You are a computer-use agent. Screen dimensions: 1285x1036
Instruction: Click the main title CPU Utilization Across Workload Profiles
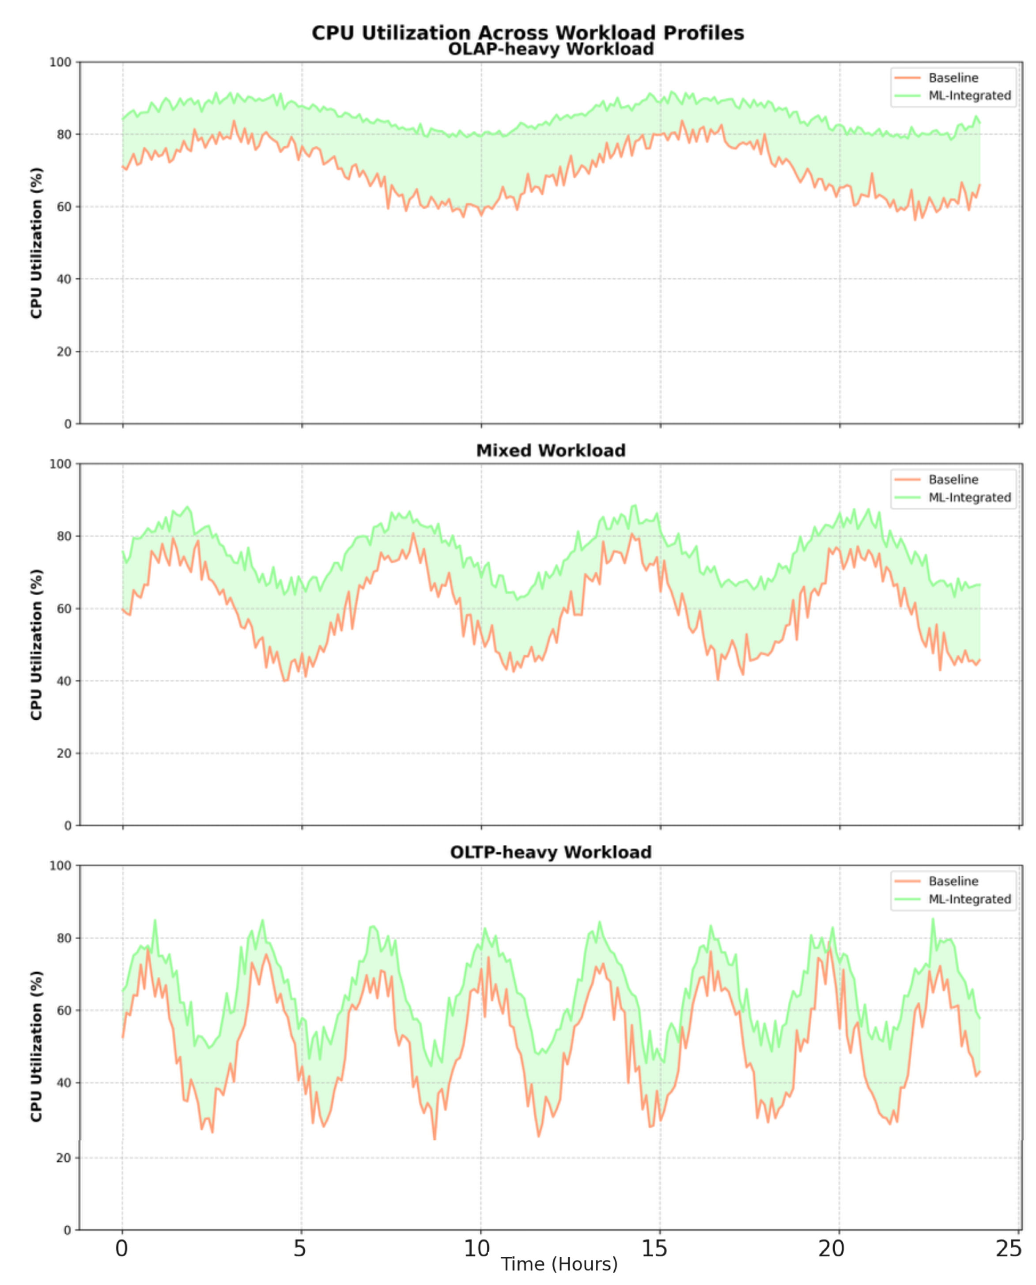pyautogui.click(x=528, y=32)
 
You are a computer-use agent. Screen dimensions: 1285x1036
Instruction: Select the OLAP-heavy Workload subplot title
pyautogui.click(x=551, y=49)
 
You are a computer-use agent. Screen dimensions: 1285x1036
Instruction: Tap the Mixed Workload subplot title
pyautogui.click(x=551, y=450)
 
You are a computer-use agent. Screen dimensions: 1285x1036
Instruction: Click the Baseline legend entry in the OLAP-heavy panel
pyautogui.click(x=953, y=78)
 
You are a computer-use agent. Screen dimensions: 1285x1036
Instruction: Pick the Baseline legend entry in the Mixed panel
pyautogui.click(x=953, y=479)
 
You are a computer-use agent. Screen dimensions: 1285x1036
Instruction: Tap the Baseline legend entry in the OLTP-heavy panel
pyautogui.click(x=953, y=882)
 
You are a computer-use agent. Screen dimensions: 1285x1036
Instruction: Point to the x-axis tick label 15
pyautogui.click(x=654, y=1248)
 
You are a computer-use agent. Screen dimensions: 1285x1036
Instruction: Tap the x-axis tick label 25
pyautogui.click(x=1009, y=1248)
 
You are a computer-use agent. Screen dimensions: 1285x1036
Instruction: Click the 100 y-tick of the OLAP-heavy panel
pyautogui.click(x=60, y=62)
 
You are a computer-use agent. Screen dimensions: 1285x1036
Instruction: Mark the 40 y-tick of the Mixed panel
pyautogui.click(x=64, y=681)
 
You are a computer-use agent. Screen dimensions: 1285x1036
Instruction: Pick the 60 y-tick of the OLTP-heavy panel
pyautogui.click(x=64, y=1011)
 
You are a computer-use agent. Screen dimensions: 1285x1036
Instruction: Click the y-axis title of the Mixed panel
pyautogui.click(x=36, y=645)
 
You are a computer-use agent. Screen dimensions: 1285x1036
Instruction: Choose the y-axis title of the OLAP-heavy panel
pyautogui.click(x=36, y=243)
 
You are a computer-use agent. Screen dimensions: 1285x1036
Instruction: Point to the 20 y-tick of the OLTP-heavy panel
pyautogui.click(x=64, y=1158)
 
